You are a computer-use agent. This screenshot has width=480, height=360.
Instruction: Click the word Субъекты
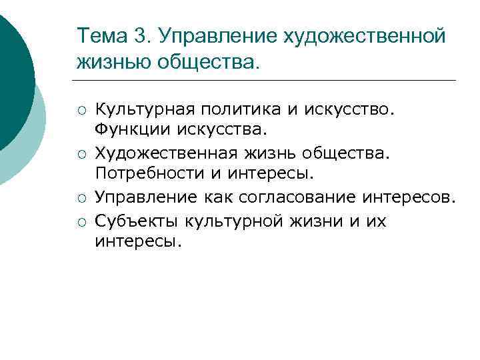point(137,220)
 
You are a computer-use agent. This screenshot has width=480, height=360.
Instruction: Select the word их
point(375,221)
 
